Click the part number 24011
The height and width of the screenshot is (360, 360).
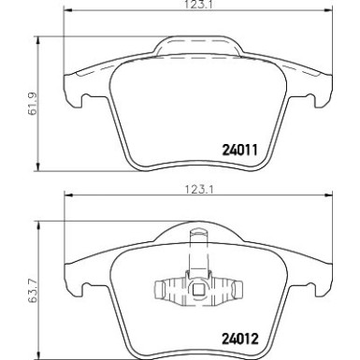click(x=239, y=150)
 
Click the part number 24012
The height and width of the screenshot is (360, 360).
click(x=240, y=338)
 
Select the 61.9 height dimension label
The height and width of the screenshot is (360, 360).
click(x=32, y=104)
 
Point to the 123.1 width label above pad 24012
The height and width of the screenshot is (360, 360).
click(x=199, y=190)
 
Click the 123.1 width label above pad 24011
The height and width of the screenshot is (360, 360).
click(x=199, y=5)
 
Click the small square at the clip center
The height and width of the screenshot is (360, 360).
click(x=197, y=290)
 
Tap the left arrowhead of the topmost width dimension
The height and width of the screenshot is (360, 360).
click(x=68, y=11)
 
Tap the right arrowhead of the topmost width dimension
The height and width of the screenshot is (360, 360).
click(x=328, y=11)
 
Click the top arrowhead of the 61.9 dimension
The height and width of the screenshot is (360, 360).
click(x=38, y=41)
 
